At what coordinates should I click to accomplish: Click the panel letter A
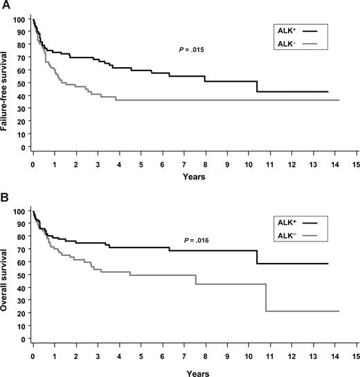5,6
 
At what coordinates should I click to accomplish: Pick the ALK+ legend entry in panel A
297,31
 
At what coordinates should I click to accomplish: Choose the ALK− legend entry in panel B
297,238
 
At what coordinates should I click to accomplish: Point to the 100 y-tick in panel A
21,19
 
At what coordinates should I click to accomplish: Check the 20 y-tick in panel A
24,121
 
